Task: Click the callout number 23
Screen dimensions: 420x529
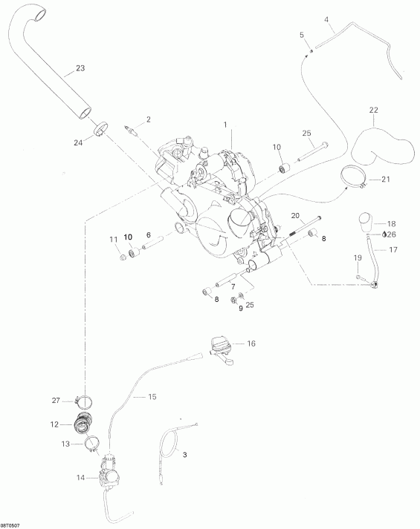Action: [80, 68]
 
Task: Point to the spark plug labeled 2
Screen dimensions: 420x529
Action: [131, 131]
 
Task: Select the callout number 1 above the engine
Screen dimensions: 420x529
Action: [225, 125]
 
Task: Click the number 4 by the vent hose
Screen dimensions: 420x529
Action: [326, 19]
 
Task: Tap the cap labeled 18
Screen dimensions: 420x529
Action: [364, 222]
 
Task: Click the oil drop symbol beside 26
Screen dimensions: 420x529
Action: [384, 234]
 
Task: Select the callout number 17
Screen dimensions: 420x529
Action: [393, 249]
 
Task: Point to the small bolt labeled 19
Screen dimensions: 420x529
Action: [359, 277]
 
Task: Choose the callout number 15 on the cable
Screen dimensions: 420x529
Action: [152, 397]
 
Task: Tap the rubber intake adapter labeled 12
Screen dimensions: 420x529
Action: [82, 424]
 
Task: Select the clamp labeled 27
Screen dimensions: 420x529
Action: [85, 401]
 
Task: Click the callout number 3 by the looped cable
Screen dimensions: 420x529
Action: [184, 455]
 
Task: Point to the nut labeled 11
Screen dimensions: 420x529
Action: [123, 257]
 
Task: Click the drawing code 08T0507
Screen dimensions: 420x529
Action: [10, 525]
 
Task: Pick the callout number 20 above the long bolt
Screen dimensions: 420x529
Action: [295, 216]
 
